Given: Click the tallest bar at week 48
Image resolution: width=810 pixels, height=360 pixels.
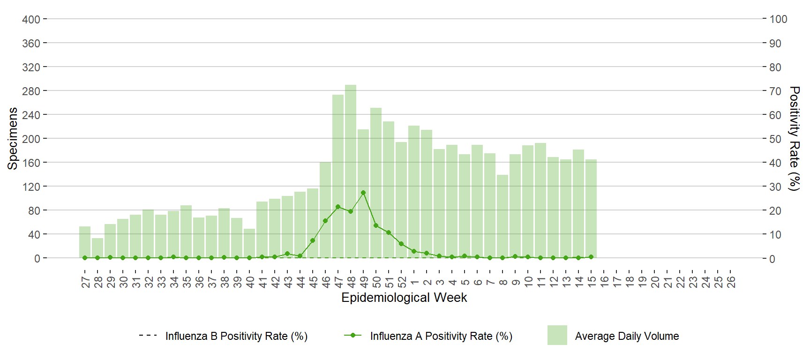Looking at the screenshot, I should coord(351,171).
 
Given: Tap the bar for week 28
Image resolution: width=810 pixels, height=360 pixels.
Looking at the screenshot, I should coord(97,248).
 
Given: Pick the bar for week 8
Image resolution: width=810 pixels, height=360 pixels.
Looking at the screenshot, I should coord(502,216).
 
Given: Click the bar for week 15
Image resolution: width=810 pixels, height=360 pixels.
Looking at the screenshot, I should coord(591,209).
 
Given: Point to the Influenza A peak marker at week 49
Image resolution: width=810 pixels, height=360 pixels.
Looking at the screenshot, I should coord(363,193).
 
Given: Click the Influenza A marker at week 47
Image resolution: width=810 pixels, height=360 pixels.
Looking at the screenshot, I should coord(338,207).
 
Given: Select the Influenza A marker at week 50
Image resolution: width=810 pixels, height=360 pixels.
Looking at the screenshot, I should coord(376,225).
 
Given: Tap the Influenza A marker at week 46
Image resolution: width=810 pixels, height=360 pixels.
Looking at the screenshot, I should coord(325,221).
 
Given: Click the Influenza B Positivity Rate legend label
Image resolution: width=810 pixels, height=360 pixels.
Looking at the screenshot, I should coord(236,336).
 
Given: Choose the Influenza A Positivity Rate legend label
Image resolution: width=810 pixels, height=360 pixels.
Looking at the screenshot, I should coord(441,336).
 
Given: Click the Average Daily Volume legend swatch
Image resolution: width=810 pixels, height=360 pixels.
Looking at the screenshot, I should coord(557,335).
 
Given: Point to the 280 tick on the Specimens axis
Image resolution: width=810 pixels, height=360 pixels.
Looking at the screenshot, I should coord(31,91).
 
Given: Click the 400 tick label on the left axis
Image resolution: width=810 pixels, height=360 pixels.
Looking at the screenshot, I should coord(31,19).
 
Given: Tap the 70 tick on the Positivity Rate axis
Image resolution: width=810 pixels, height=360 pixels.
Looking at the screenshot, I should coord(775,91).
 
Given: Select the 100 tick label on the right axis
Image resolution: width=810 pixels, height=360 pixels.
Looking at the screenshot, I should coord(778,19).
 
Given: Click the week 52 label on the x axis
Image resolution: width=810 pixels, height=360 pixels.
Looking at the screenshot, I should coord(402,282).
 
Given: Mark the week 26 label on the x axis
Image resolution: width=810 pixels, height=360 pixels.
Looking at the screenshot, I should coord(731,282).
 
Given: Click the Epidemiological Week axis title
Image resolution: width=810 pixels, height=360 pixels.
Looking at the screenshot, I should coord(404,298).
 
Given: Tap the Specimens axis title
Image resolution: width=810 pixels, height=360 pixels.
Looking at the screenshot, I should coord(13,138).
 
